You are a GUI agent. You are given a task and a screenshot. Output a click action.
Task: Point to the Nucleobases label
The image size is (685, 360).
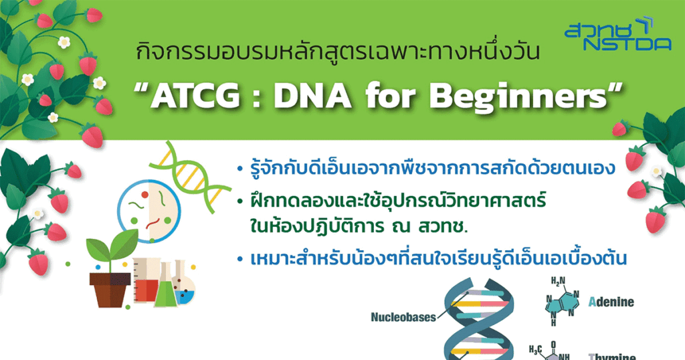[403, 317]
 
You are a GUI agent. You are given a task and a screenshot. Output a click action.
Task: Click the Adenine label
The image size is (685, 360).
[611, 302]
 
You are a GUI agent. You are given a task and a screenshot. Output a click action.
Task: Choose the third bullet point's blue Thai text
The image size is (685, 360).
[435, 258]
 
